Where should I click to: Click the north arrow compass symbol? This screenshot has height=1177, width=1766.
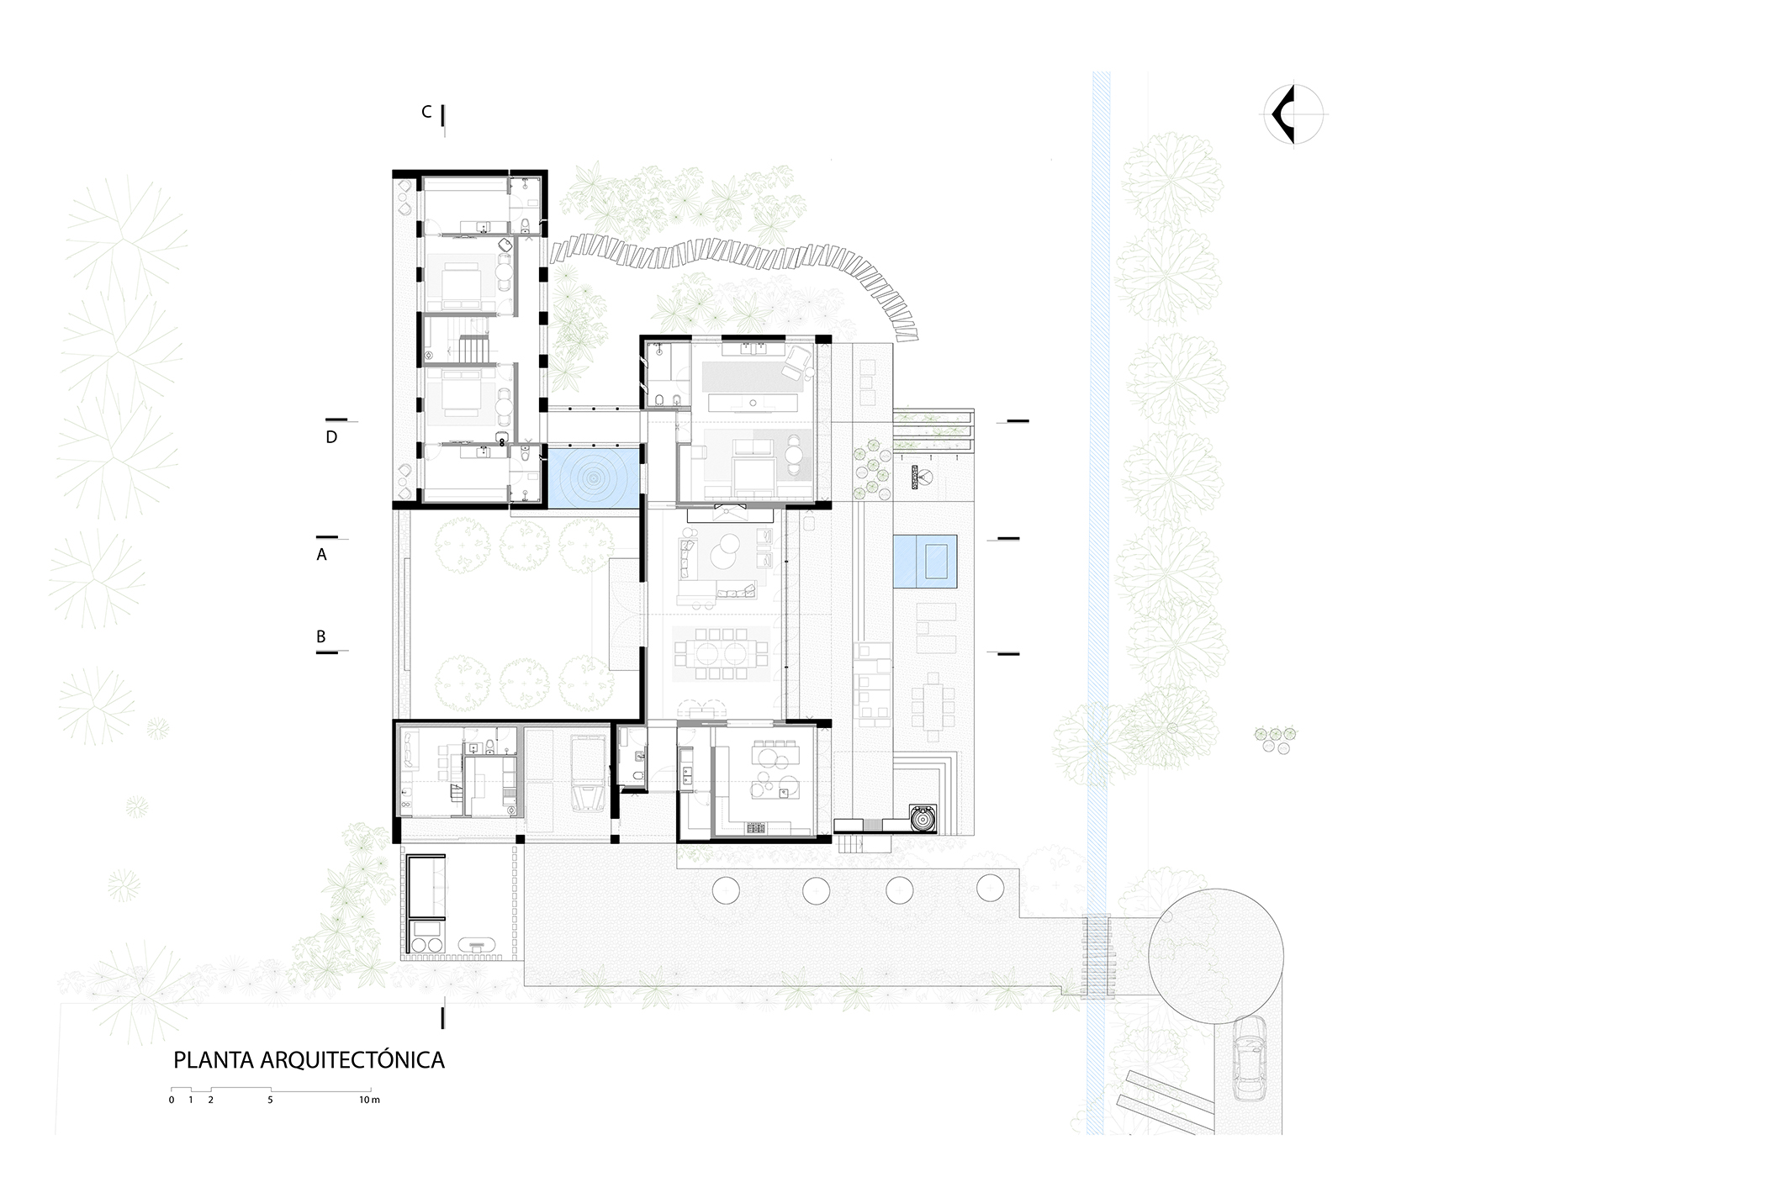[1293, 115]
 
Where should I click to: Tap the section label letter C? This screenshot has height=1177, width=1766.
[427, 112]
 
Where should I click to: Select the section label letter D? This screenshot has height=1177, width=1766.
[331, 437]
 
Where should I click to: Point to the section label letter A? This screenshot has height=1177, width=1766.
[321, 555]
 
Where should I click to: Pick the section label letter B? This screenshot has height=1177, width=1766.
[321, 637]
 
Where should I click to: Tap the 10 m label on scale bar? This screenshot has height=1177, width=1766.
[370, 1100]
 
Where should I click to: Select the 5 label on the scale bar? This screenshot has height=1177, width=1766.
[271, 1100]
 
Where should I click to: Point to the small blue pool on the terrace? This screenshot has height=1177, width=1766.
[923, 561]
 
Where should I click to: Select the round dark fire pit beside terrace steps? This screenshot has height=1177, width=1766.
[923, 818]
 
